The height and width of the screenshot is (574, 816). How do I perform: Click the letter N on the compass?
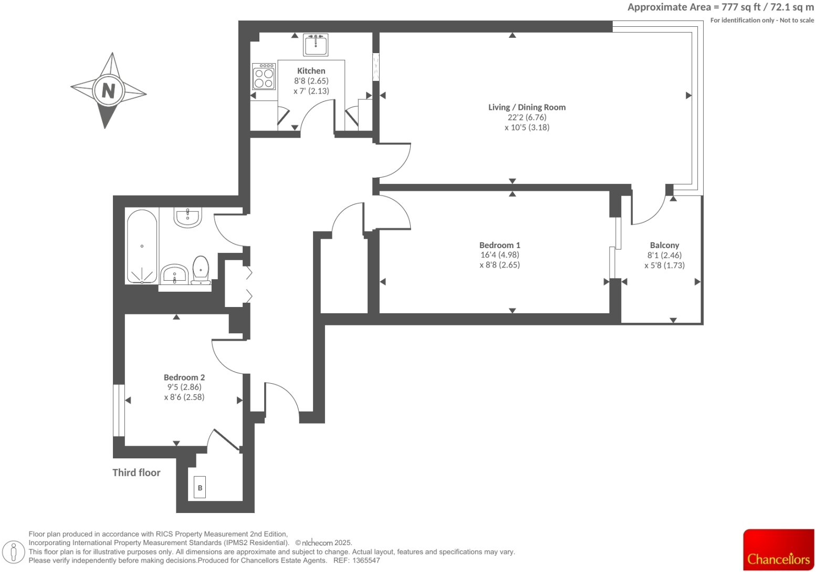[x=108, y=91]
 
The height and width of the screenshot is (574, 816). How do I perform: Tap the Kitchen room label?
[x=311, y=71]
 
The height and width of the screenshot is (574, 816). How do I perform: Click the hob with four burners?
[x=264, y=77]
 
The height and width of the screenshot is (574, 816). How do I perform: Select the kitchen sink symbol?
[x=316, y=45]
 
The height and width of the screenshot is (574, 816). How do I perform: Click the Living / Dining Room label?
[x=527, y=107]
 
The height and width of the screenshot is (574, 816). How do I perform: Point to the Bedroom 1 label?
[x=499, y=245]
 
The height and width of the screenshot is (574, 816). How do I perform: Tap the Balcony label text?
[x=664, y=245]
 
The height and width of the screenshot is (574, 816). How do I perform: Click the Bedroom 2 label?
[x=184, y=377]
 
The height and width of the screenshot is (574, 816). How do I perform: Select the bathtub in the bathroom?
[x=142, y=247]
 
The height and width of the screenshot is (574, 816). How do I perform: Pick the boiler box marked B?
[x=200, y=488]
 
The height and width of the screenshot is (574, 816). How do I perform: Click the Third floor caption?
[x=136, y=473]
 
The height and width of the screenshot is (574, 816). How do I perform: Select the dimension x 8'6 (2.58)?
[x=184, y=397]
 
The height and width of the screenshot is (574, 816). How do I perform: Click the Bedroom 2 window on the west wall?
[x=119, y=411]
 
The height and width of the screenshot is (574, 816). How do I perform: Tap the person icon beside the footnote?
[x=14, y=551]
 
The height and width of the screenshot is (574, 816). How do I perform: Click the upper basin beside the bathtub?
[x=187, y=217]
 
